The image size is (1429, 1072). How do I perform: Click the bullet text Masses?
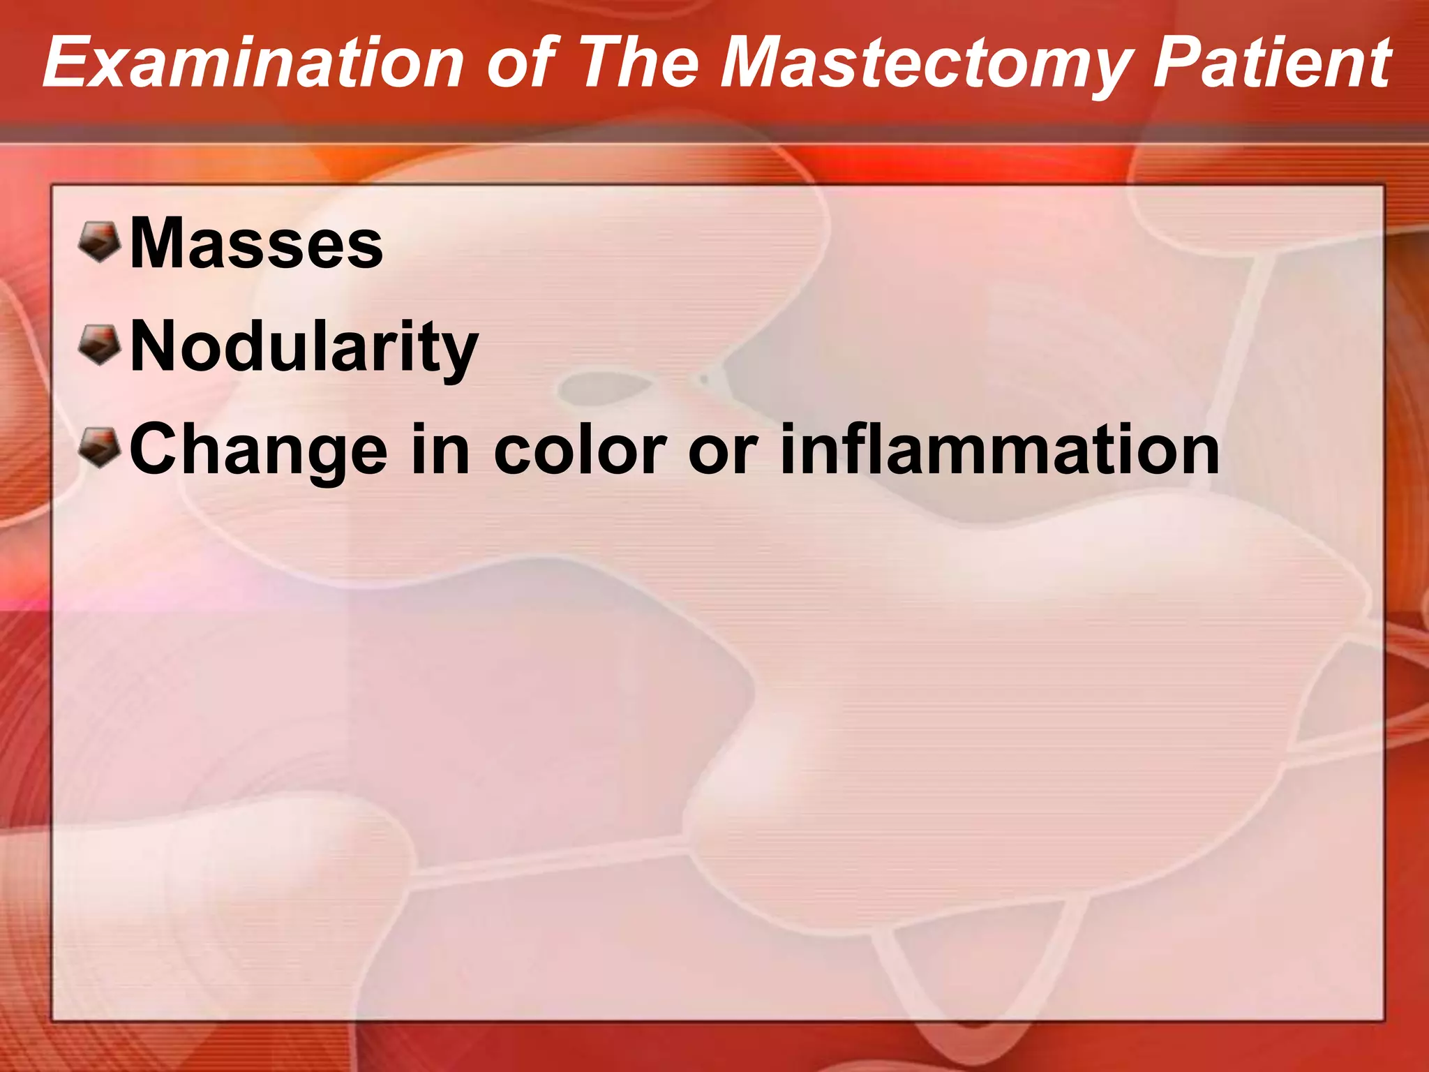click(x=256, y=244)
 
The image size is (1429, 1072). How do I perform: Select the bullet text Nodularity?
click(x=304, y=347)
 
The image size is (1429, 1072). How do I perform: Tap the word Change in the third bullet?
click(x=258, y=450)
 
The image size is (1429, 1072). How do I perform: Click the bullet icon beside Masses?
click(x=100, y=242)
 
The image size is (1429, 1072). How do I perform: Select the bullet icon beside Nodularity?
click(x=100, y=345)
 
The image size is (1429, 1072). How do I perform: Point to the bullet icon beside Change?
click(x=100, y=448)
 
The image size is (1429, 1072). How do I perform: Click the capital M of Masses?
click(x=158, y=244)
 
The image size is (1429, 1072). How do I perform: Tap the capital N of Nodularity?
click(x=153, y=347)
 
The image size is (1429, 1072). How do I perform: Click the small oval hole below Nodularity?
click(x=604, y=387)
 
